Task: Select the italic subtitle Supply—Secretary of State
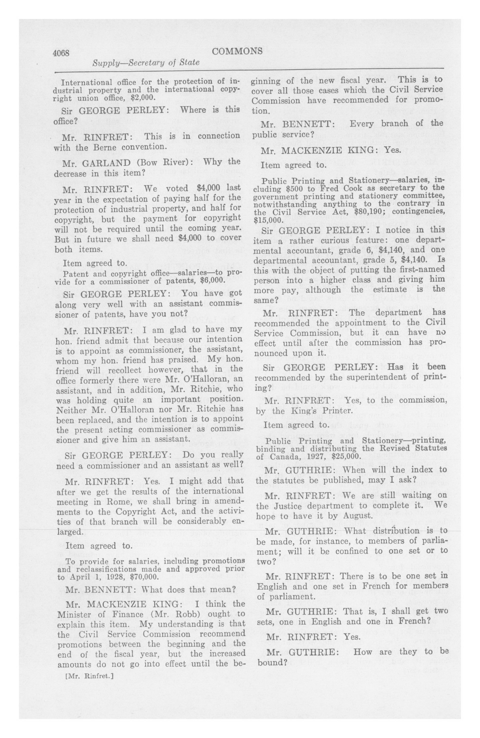point(146,63)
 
